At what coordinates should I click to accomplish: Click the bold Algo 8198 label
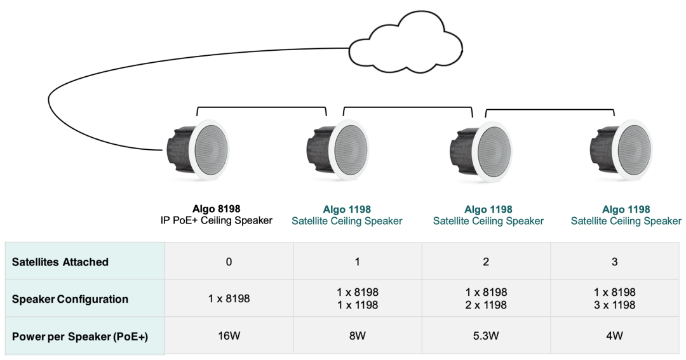pos(217,209)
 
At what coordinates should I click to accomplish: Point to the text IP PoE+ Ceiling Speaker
pos(217,221)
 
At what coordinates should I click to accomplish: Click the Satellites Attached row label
pos(60,262)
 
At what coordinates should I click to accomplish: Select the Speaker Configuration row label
pos(70,299)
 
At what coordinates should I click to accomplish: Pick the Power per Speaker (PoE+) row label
pos(79,336)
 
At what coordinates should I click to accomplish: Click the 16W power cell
pos(229,336)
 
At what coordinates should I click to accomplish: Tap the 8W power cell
pos(357,336)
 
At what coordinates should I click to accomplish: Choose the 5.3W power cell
pos(486,336)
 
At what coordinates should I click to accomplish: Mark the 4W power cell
pos(614,336)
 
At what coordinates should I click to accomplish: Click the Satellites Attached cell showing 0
pos(229,262)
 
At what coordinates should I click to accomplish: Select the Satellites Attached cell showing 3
pos(614,262)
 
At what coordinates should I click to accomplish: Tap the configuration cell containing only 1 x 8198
pos(229,299)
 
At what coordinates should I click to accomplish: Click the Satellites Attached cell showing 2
pos(486,262)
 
